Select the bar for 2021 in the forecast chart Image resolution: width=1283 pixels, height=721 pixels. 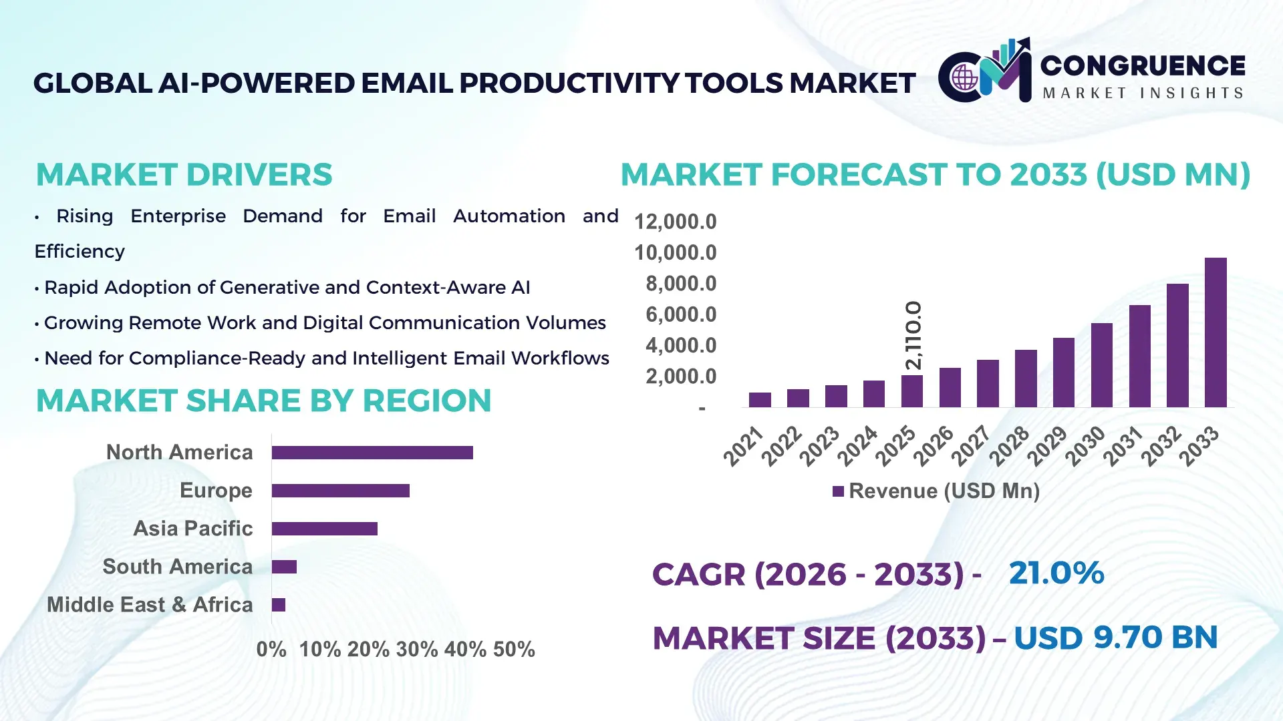(760, 399)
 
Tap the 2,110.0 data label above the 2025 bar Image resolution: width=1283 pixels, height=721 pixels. (913, 335)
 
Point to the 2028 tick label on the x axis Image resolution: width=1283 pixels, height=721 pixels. (1009, 446)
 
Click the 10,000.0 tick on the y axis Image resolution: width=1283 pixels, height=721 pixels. (675, 252)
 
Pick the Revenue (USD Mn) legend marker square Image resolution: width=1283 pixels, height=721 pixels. (838, 491)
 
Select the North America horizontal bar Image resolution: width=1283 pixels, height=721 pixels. (372, 453)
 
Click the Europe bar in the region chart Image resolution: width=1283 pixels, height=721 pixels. (340, 491)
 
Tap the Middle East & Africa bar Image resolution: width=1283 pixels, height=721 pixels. (279, 605)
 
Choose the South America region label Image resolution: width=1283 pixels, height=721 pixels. (177, 567)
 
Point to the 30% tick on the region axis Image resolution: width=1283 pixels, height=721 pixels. (416, 649)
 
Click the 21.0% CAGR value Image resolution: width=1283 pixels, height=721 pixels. (1056, 573)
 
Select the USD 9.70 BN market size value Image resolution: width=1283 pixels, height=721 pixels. (1115, 637)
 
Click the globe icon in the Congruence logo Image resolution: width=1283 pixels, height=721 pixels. (965, 78)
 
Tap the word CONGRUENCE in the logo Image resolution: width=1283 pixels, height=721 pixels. (1142, 65)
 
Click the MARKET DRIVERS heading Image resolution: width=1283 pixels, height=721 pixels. (184, 175)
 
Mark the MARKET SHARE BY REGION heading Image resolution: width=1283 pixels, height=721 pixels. (263, 401)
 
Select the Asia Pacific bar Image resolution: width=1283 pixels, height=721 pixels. (324, 529)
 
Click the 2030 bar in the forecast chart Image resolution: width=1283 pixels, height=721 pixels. (1101, 365)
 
